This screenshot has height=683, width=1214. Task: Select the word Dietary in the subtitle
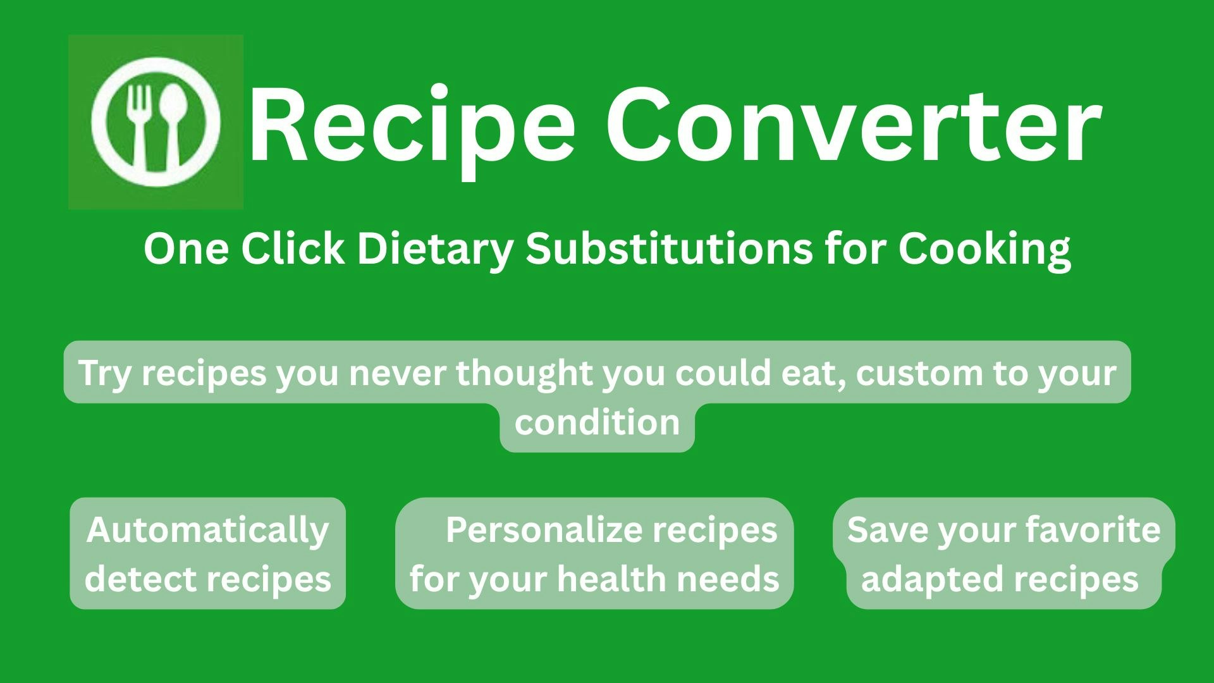click(435, 249)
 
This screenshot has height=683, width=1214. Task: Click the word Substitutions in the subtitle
click(669, 249)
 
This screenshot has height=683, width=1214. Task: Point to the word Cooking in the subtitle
click(984, 249)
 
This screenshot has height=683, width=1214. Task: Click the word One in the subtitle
click(186, 249)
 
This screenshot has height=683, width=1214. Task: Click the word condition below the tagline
click(597, 422)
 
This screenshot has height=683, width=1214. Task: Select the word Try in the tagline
click(104, 373)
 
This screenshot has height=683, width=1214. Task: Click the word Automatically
click(208, 530)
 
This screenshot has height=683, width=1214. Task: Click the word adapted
click(917, 579)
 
